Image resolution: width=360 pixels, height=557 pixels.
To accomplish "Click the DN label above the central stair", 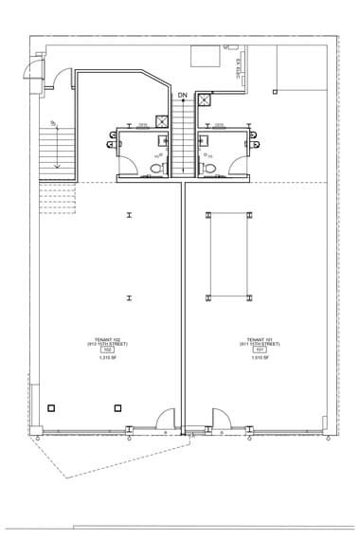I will pyautogui.click(x=182, y=95).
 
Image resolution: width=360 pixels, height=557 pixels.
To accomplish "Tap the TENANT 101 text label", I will pyautogui.click(x=260, y=340).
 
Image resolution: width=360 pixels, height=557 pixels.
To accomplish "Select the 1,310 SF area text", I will pyautogui.click(x=107, y=358).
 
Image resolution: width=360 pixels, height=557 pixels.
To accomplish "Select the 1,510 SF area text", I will pyautogui.click(x=260, y=358).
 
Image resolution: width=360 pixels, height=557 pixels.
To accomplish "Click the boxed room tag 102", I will pyautogui.click(x=107, y=350).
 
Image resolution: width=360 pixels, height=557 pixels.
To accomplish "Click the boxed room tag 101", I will pyautogui.click(x=260, y=350).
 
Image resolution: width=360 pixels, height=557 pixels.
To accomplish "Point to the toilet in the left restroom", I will pyautogui.click(x=157, y=169).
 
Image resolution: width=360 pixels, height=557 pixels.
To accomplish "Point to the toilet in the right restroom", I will pyautogui.click(x=213, y=169).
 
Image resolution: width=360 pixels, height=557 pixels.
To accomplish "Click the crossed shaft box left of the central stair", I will pyautogui.click(x=162, y=121).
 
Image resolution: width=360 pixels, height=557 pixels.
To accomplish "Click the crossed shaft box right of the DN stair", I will pyautogui.click(x=205, y=100).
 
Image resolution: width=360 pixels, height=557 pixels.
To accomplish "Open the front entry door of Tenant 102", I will pyautogui.click(x=167, y=418).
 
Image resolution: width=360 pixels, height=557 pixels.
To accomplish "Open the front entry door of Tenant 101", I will pyautogui.click(x=221, y=418).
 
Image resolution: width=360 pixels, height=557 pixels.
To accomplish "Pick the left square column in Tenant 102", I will pyautogui.click(x=51, y=408).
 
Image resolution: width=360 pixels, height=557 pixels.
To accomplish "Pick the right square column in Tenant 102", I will pyautogui.click(x=117, y=408).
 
